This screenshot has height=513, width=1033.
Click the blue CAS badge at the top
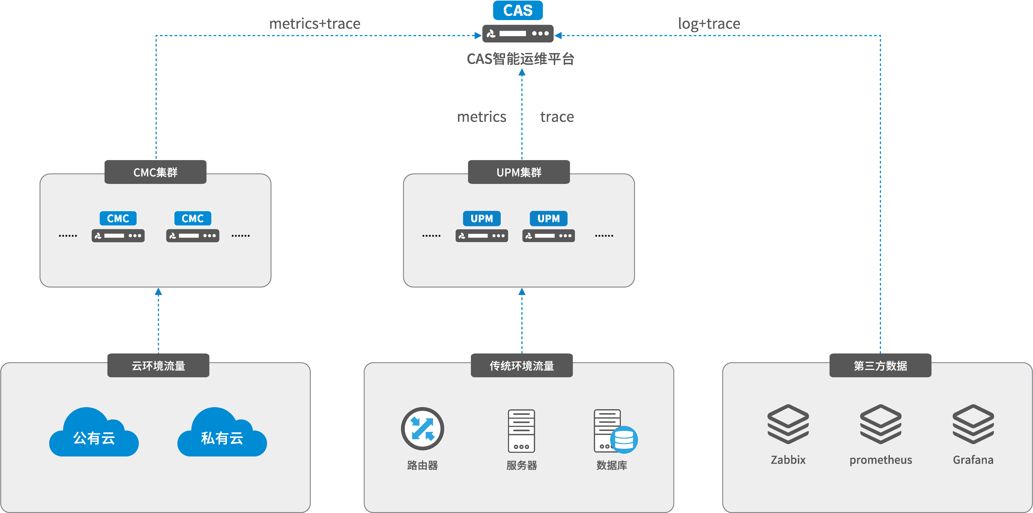coord(518,10)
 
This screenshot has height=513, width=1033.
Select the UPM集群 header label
coord(519,172)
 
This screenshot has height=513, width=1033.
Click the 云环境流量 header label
coord(158,366)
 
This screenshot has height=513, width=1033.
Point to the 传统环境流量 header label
coord(521,366)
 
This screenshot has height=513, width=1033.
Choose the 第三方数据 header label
coord(880,366)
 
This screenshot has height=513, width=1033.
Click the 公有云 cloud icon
coord(94,433)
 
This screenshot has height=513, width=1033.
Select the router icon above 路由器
coord(422,428)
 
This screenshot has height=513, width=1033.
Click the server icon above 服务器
coord(521,431)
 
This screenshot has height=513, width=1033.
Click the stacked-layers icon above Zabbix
coord(788,424)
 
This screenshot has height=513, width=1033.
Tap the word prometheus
coord(881,460)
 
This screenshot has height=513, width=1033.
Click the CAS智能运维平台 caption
coord(520,59)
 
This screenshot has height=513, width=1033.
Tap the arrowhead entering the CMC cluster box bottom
coord(158,292)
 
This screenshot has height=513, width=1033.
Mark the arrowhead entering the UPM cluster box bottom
coord(522,292)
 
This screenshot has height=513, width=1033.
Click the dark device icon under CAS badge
coord(518,34)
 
